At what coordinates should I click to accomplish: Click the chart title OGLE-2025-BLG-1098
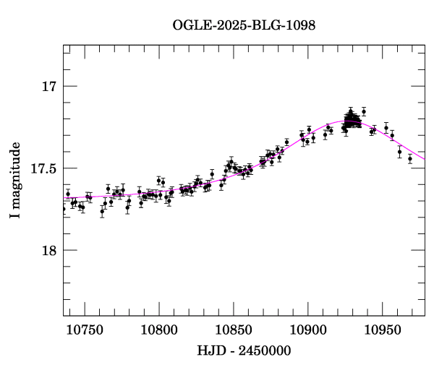coord(244,25)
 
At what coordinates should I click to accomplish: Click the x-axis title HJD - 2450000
coord(244,350)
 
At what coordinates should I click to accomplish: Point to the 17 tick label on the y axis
coord(48,87)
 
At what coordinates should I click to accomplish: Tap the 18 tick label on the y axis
coord(48,250)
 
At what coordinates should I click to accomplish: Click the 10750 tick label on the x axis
coord(85,330)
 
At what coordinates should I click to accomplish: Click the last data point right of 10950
coord(410,158)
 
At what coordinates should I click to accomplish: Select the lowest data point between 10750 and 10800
coord(102,211)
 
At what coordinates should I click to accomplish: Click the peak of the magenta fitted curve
coord(350,121)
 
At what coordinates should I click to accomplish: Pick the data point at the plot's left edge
coord(64,209)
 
